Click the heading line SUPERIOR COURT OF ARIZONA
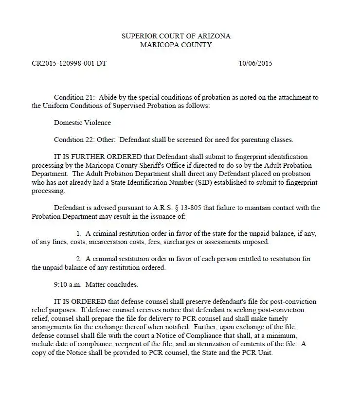point(176,36)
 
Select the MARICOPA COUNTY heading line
point(176,45)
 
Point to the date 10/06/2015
point(255,64)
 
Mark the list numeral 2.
point(79,259)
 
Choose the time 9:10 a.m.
point(68,284)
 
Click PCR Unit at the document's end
point(258,352)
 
